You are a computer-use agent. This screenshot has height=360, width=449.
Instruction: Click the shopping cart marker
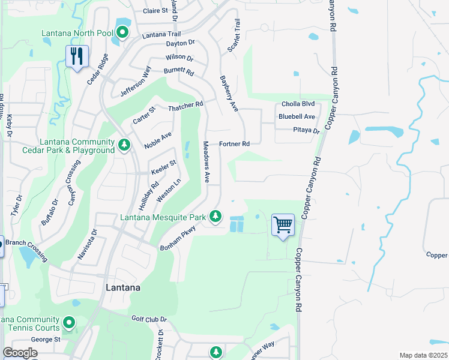[x=283, y=225]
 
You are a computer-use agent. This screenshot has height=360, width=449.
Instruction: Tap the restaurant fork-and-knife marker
[x=77, y=57]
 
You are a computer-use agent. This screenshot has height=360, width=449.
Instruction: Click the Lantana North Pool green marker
[x=122, y=32]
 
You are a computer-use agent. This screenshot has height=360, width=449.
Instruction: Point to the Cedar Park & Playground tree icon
[x=124, y=145]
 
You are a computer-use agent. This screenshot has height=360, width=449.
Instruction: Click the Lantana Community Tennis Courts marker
[x=69, y=323]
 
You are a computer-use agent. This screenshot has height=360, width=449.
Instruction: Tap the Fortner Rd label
[x=234, y=144]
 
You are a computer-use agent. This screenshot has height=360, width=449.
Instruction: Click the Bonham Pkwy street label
[x=178, y=238]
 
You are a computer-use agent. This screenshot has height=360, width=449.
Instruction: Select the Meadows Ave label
[x=206, y=161]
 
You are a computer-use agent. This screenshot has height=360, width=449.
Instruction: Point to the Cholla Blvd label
[x=298, y=104]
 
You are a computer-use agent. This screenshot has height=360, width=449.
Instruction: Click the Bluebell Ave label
[x=297, y=116]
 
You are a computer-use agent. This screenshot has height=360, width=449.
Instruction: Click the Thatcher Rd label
[x=186, y=106]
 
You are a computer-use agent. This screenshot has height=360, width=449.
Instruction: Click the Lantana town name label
[x=123, y=287]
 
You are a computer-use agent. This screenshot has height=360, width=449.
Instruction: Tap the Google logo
[x=20, y=353]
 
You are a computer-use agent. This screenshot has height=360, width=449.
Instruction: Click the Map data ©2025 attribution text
[x=424, y=355]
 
